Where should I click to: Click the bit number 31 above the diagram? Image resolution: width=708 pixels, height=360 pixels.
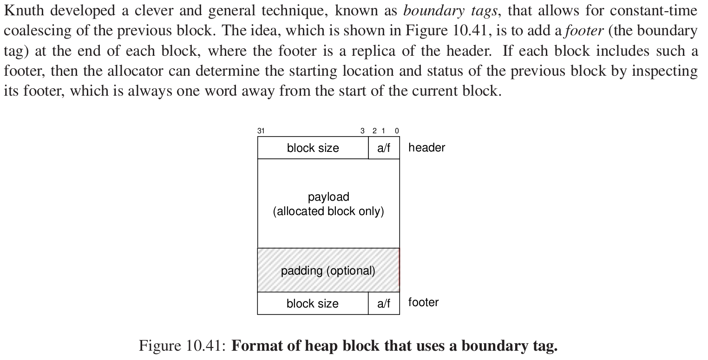(x=261, y=131)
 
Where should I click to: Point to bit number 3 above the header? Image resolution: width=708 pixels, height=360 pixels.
(x=362, y=131)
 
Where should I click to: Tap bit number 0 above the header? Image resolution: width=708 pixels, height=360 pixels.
(x=397, y=131)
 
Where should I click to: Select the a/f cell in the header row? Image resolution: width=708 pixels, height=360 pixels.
(x=384, y=148)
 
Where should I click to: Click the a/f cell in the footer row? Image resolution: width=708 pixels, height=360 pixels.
(x=384, y=304)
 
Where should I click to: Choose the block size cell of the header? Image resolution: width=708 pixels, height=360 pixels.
(x=313, y=148)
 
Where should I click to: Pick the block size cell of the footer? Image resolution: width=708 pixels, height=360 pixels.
(x=313, y=304)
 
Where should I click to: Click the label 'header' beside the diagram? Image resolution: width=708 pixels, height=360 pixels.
(x=426, y=148)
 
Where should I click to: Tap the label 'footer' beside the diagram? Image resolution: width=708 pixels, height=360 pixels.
(x=423, y=302)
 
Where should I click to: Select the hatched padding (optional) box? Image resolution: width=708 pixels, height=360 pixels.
(x=328, y=270)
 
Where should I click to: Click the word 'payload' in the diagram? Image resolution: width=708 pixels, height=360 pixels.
(x=328, y=197)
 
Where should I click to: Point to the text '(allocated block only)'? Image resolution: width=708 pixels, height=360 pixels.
(x=328, y=211)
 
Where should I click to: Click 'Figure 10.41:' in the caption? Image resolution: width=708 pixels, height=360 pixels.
(x=183, y=346)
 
